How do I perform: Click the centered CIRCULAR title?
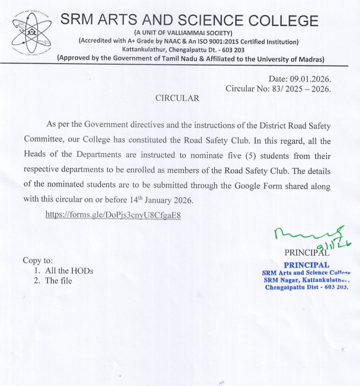click(178, 98)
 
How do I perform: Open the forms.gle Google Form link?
click(113, 215)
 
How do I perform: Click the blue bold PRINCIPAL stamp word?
click(306, 265)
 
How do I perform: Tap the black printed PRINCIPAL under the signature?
click(307, 253)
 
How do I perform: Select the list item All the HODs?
click(69, 271)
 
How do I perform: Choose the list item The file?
click(58, 281)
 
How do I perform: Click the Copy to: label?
click(38, 260)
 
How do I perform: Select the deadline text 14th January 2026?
click(165, 200)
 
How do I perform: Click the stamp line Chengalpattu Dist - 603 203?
click(307, 287)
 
